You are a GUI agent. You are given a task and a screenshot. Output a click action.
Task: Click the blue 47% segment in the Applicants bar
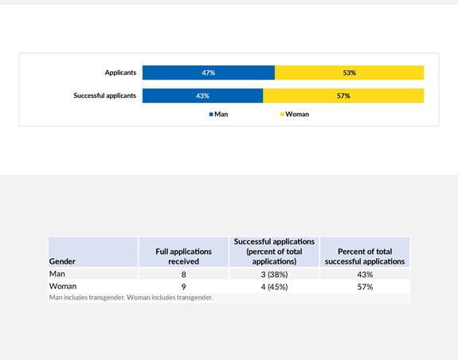click(209, 72)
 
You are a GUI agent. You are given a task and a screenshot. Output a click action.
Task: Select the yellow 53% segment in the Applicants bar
click(349, 72)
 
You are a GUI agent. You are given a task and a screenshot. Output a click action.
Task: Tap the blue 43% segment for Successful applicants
click(202, 96)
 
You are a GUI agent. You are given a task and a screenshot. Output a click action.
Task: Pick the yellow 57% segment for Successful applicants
click(343, 96)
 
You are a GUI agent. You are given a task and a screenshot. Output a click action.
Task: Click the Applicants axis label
click(120, 72)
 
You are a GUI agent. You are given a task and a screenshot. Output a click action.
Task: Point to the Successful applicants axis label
click(104, 96)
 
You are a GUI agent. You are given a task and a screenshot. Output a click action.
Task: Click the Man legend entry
click(219, 114)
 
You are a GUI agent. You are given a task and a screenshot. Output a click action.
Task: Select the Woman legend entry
click(294, 114)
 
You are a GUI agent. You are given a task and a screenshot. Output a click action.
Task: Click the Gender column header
click(63, 260)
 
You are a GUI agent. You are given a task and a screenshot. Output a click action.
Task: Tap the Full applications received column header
click(184, 256)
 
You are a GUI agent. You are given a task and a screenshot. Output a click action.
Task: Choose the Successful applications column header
click(274, 251)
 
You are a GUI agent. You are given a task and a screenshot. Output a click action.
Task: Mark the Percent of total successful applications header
click(365, 256)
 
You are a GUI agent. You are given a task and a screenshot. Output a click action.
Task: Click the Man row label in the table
click(57, 274)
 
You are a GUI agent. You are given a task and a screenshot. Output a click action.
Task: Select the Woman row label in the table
click(63, 286)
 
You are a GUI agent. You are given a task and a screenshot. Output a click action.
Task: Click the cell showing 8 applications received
click(184, 274)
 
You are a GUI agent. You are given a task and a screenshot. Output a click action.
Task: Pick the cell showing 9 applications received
click(184, 286)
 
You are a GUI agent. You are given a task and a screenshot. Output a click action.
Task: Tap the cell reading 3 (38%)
click(274, 274)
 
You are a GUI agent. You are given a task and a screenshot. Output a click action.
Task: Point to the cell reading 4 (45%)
click(274, 286)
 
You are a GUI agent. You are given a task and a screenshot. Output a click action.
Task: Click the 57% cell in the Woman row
click(365, 286)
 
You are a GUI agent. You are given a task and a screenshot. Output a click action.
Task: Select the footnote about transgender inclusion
click(131, 298)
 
